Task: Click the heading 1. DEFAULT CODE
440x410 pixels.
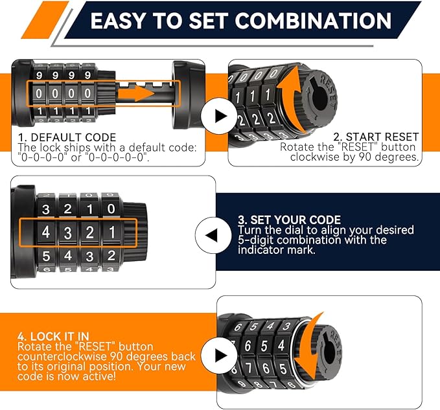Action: tap(67, 137)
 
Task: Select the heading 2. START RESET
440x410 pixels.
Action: tap(376, 137)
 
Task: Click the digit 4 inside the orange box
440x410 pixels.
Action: tap(45, 231)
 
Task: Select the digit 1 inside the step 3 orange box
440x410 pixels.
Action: tap(111, 231)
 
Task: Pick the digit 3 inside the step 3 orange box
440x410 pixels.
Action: tap(67, 233)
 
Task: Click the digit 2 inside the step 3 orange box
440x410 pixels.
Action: tap(89, 232)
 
